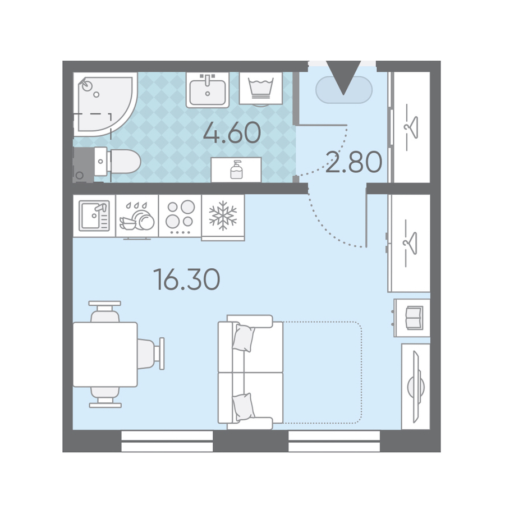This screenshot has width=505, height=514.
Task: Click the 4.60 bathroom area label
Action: pyautogui.click(x=232, y=133)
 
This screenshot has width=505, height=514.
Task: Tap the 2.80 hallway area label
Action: pyautogui.click(x=354, y=162)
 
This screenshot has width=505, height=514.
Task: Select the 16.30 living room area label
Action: pyautogui.click(x=186, y=279)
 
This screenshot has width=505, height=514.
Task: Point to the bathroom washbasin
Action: pyautogui.click(x=208, y=90)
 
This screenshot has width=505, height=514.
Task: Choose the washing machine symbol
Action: pyautogui.click(x=260, y=89)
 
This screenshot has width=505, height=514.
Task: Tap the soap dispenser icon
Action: pyautogui.click(x=236, y=169)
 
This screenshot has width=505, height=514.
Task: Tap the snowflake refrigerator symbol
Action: pyautogui.click(x=223, y=215)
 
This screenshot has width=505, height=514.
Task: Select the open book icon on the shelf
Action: pyautogui.click(x=414, y=318)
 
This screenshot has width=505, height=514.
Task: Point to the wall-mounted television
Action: pyautogui.click(x=416, y=387)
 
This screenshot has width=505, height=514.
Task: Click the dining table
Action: pyautogui.click(x=105, y=355)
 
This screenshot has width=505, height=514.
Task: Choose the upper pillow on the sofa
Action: pyautogui.click(x=244, y=338)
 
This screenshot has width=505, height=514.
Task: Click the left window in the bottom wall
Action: pyautogui.click(x=167, y=441)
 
